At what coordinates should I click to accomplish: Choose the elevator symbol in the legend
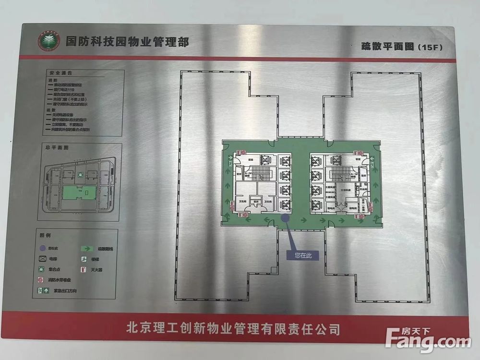point(44,259)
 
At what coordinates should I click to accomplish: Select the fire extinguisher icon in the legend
point(83,270)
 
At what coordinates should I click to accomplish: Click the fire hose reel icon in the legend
point(42,280)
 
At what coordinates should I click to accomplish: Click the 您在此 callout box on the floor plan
point(303,256)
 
